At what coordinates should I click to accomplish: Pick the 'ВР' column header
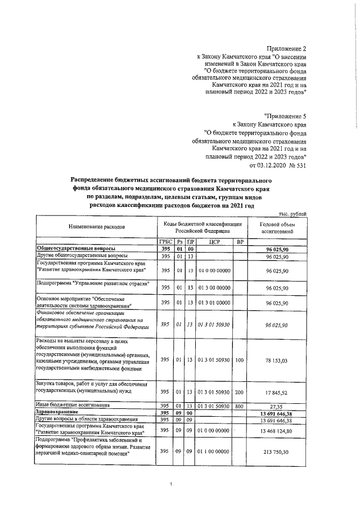[239, 242]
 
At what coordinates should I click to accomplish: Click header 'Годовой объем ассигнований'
[276, 227]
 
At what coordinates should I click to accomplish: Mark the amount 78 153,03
[276, 360]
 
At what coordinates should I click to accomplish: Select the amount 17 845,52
[276, 392]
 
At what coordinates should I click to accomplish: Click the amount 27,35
[276, 405]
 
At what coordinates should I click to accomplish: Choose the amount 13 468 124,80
[276, 430]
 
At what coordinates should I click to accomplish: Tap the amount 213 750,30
[276, 451]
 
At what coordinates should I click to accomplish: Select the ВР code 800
[239, 405]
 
